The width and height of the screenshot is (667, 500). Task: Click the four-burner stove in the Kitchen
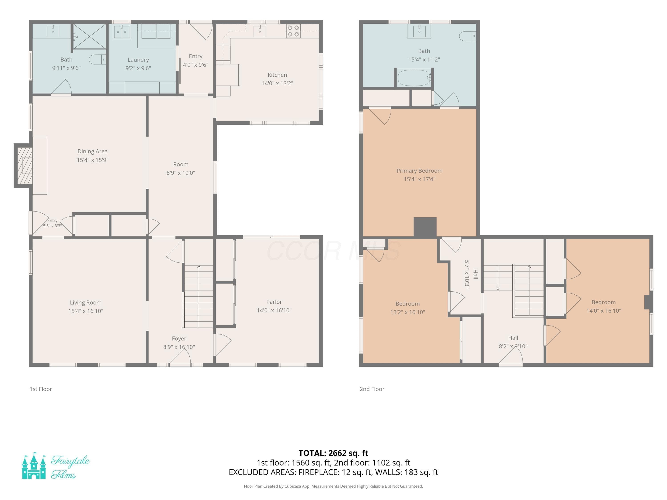(293, 31)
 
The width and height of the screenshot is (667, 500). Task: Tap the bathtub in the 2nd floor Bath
(414, 78)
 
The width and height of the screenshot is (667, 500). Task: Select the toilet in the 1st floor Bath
(98, 60)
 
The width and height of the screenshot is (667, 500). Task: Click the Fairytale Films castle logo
(34, 466)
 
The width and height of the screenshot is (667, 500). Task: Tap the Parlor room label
(274, 302)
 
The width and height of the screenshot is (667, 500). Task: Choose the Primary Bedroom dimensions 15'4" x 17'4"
(420, 179)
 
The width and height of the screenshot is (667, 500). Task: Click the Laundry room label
(138, 60)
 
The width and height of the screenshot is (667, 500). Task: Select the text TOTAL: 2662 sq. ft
(333, 453)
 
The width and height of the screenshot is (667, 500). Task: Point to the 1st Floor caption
(41, 389)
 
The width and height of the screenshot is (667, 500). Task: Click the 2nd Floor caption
(372, 389)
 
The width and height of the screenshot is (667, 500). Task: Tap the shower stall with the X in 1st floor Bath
(90, 36)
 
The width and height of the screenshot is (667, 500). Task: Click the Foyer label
(179, 338)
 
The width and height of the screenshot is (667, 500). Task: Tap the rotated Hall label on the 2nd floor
(476, 275)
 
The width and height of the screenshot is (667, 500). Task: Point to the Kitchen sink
(260, 31)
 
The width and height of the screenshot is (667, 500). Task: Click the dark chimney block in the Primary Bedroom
(425, 227)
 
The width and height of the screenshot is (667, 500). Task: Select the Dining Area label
(92, 151)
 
